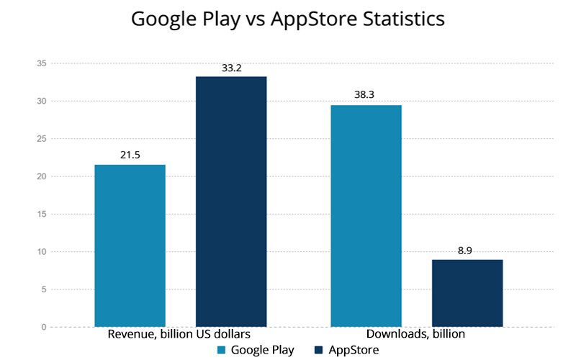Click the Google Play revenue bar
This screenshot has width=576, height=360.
[130, 246]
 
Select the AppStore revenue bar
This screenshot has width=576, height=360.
[231, 202]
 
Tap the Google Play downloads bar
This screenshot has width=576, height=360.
[366, 216]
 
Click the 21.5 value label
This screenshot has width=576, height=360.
[130, 156]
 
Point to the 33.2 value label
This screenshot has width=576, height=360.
[231, 68]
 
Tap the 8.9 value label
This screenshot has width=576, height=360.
[467, 251]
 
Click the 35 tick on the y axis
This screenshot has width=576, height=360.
[42, 63]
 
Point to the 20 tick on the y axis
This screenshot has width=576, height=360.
[42, 176]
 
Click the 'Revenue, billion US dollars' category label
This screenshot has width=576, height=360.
[180, 335]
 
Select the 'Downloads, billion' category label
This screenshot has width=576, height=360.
[415, 335]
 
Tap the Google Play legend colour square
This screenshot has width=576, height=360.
[221, 350]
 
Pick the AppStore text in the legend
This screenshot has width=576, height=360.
[352, 350]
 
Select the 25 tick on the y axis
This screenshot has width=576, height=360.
[42, 139]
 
